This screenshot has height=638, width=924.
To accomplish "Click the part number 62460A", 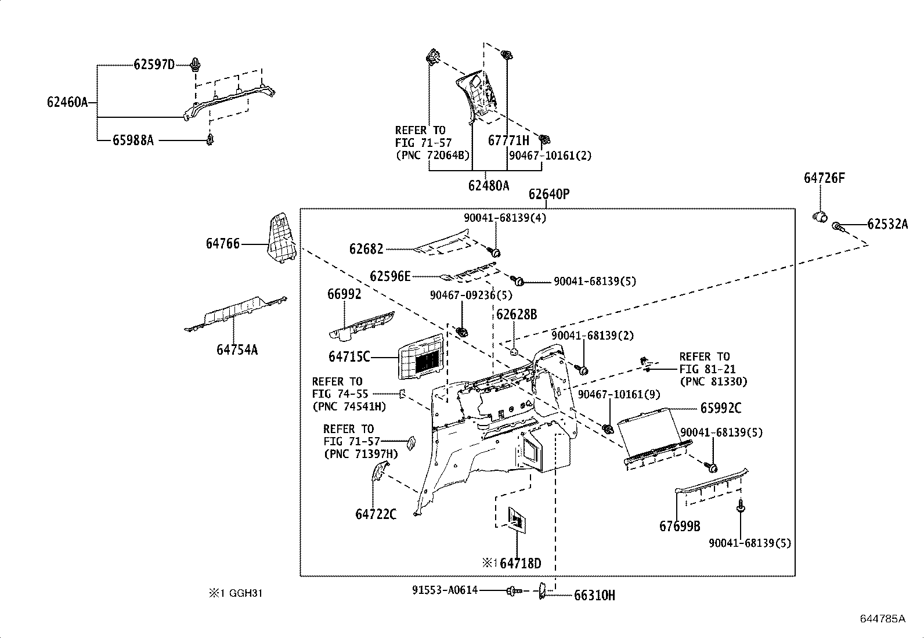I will (67, 103).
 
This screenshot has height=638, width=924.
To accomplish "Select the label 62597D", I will (154, 64).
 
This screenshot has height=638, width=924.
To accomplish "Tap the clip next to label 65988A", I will (210, 140).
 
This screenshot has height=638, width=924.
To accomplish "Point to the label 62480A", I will (488, 186).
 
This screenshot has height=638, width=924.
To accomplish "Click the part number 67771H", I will (508, 140).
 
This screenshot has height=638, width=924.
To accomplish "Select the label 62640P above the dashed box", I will (548, 194).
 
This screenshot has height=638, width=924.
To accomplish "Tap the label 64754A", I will (237, 349).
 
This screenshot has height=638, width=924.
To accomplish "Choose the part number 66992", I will (344, 294).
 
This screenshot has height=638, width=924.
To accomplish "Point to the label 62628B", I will (516, 315).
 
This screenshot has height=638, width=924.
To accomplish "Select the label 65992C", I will (720, 408).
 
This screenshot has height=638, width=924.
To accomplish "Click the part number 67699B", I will (679, 527).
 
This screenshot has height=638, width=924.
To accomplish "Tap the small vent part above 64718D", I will (518, 518).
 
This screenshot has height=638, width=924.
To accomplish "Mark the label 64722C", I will (376, 514).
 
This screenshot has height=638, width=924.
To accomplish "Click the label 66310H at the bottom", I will (594, 595).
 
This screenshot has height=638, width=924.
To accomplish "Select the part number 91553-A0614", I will (445, 590).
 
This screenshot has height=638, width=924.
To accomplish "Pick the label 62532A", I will (887, 224).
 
